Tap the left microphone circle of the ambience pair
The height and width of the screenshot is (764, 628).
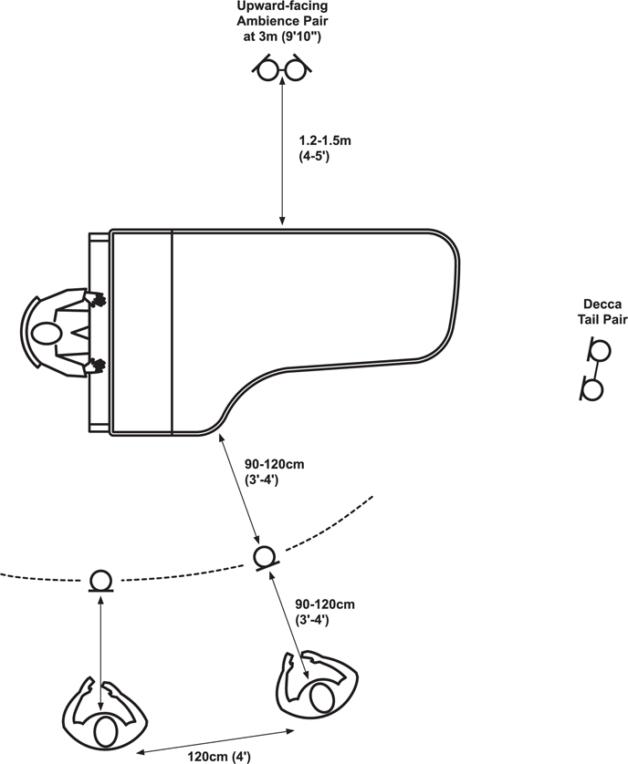click(x=267, y=70)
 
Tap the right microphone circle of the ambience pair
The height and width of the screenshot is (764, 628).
click(x=295, y=70)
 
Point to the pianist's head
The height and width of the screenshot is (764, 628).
click(x=46, y=334)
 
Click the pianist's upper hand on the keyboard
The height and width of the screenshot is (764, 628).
click(x=95, y=298)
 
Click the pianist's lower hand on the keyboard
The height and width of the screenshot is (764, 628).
click(x=95, y=366)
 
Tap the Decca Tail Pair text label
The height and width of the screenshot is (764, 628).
click(x=602, y=312)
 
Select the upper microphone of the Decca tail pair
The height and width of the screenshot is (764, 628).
click(x=600, y=350)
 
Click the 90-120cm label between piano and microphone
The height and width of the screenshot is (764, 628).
click(x=274, y=471)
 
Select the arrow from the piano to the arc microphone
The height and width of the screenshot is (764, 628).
click(x=239, y=489)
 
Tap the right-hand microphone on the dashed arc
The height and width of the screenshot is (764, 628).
click(x=265, y=556)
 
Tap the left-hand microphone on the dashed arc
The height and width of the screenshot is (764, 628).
click(x=101, y=580)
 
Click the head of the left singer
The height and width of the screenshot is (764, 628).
click(x=105, y=732)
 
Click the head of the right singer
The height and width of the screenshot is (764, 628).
click(x=321, y=697)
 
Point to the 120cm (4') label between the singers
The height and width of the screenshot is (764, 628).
click(x=219, y=757)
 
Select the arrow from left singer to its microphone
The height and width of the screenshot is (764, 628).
click(x=100, y=653)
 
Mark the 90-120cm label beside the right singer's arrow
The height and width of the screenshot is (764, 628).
click(x=325, y=612)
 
